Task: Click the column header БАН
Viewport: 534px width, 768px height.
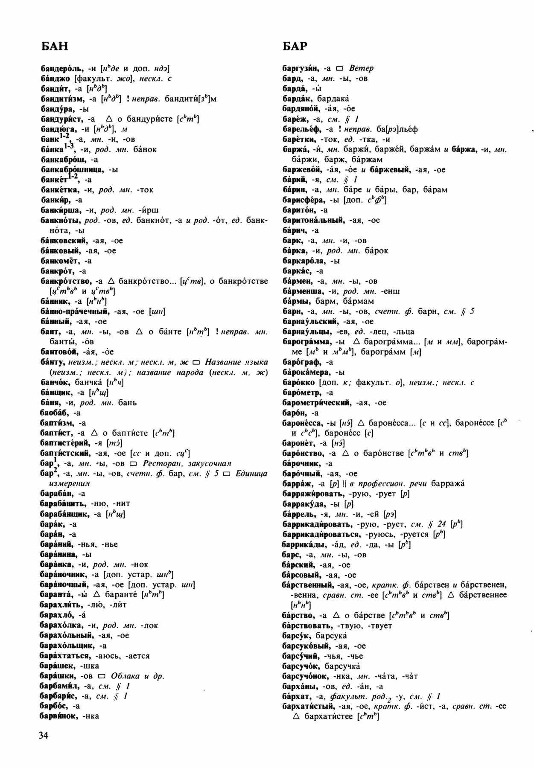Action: (x=54, y=46)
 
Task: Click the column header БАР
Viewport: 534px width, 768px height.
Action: (x=295, y=46)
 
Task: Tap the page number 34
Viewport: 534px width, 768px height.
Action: (x=43, y=735)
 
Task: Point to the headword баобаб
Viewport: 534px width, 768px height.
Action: (x=55, y=413)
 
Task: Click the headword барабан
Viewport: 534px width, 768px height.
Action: (x=57, y=494)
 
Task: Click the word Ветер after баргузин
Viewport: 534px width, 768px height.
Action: (x=361, y=68)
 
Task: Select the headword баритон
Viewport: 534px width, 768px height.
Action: (x=299, y=210)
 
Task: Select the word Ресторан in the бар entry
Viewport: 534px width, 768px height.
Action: (x=163, y=463)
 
